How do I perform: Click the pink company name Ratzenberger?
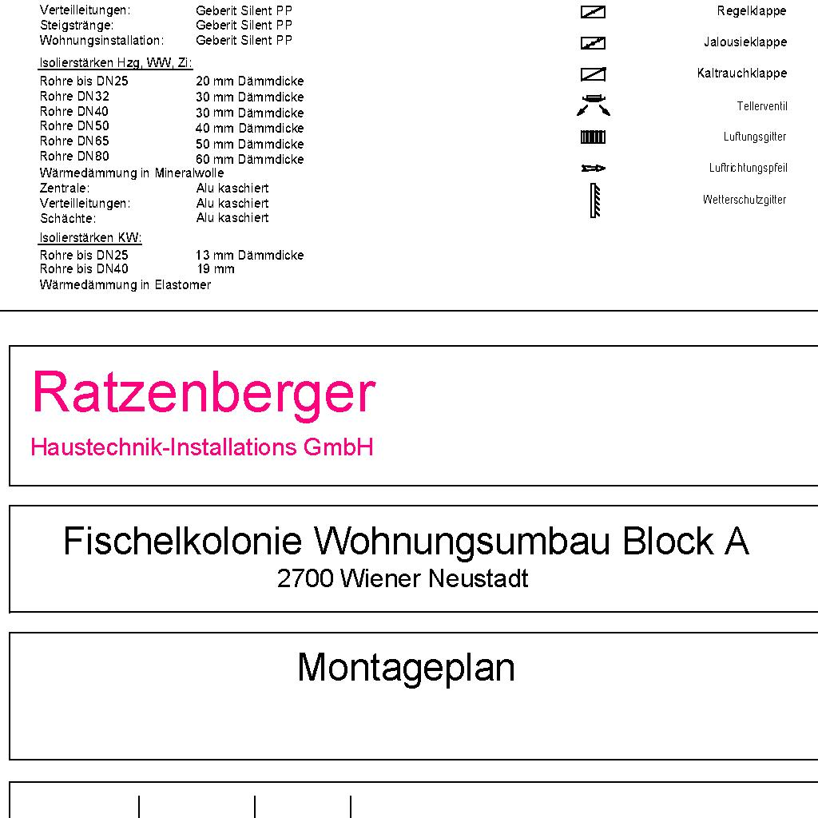(203, 393)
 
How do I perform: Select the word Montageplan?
(406, 667)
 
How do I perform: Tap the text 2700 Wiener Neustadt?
(403, 578)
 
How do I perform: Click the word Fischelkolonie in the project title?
(182, 542)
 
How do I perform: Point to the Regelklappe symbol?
(593, 12)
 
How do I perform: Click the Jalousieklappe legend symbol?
(593, 43)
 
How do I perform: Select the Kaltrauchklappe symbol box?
(593, 74)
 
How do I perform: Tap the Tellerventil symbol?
(593, 105)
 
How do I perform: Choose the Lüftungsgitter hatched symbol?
(593, 137)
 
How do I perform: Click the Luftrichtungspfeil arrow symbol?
(593, 169)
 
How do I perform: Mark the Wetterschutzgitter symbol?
(594, 201)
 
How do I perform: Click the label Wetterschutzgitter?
(745, 200)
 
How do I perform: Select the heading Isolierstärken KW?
(90, 238)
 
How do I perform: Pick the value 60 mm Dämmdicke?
(250, 160)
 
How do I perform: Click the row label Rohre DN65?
(74, 141)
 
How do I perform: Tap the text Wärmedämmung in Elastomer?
(125, 285)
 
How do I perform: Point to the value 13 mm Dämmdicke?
(250, 256)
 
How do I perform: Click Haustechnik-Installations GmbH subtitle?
(202, 447)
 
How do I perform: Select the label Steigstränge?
(77, 26)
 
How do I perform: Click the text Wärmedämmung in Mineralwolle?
(132, 173)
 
